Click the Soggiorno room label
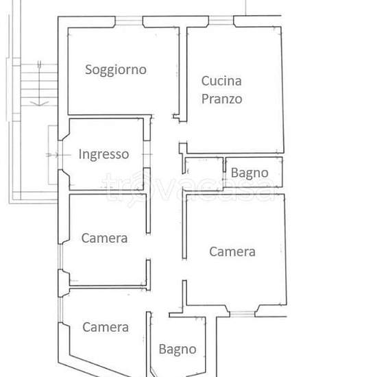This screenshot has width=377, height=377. click(116, 70)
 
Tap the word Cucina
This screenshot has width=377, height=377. click(221, 81)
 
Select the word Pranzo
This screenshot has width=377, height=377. click(221, 99)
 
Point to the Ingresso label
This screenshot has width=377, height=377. click(104, 154)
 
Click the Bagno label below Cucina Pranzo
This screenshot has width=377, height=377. click(250, 173)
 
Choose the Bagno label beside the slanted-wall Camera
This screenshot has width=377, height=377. click(178, 350)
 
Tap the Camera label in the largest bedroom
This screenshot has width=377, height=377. click(232, 252)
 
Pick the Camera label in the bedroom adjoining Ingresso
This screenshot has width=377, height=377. click(104, 239)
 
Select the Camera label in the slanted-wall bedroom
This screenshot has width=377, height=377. click(106, 327)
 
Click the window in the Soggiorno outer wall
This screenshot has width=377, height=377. click(129, 21)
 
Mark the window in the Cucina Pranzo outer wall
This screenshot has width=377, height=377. click(221, 21)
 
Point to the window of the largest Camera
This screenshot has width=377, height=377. click(242, 314)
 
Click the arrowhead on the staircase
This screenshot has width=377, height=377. click(39, 104)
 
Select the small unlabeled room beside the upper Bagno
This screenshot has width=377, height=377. click(204, 173)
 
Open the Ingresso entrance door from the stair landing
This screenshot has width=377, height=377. click(60, 155)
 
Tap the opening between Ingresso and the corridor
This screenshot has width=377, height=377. click(147, 154)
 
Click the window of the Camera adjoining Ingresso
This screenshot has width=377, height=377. click(61, 256)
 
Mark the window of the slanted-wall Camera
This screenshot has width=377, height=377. click(61, 310)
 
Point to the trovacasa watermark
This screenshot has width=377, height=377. click(188, 188)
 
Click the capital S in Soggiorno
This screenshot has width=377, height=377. click(88, 69)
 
